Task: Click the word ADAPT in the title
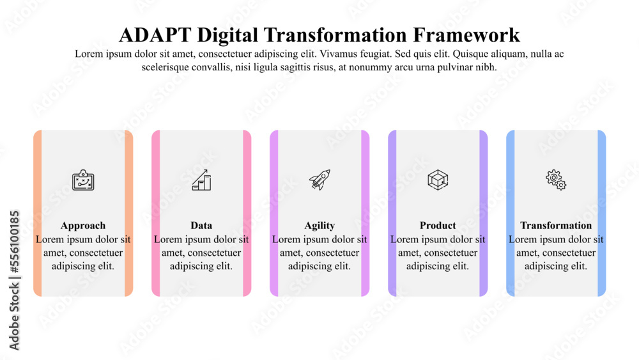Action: [155, 35]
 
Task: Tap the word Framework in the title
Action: [466, 35]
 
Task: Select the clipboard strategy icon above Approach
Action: [83, 180]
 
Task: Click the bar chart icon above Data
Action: [202, 180]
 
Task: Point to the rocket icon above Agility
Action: [320, 180]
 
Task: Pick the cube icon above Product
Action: [438, 180]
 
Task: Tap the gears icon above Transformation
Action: [556, 180]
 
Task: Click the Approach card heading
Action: [83, 226]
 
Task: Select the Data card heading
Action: [201, 226]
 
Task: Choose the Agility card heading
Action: [319, 226]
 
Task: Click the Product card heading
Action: [438, 226]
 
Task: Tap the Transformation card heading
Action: [556, 226]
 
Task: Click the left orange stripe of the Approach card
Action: [38, 213]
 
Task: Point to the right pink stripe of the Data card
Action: [247, 213]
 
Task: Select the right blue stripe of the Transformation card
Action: [602, 213]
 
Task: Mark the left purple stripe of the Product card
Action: [392, 213]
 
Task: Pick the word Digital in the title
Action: [227, 35]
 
